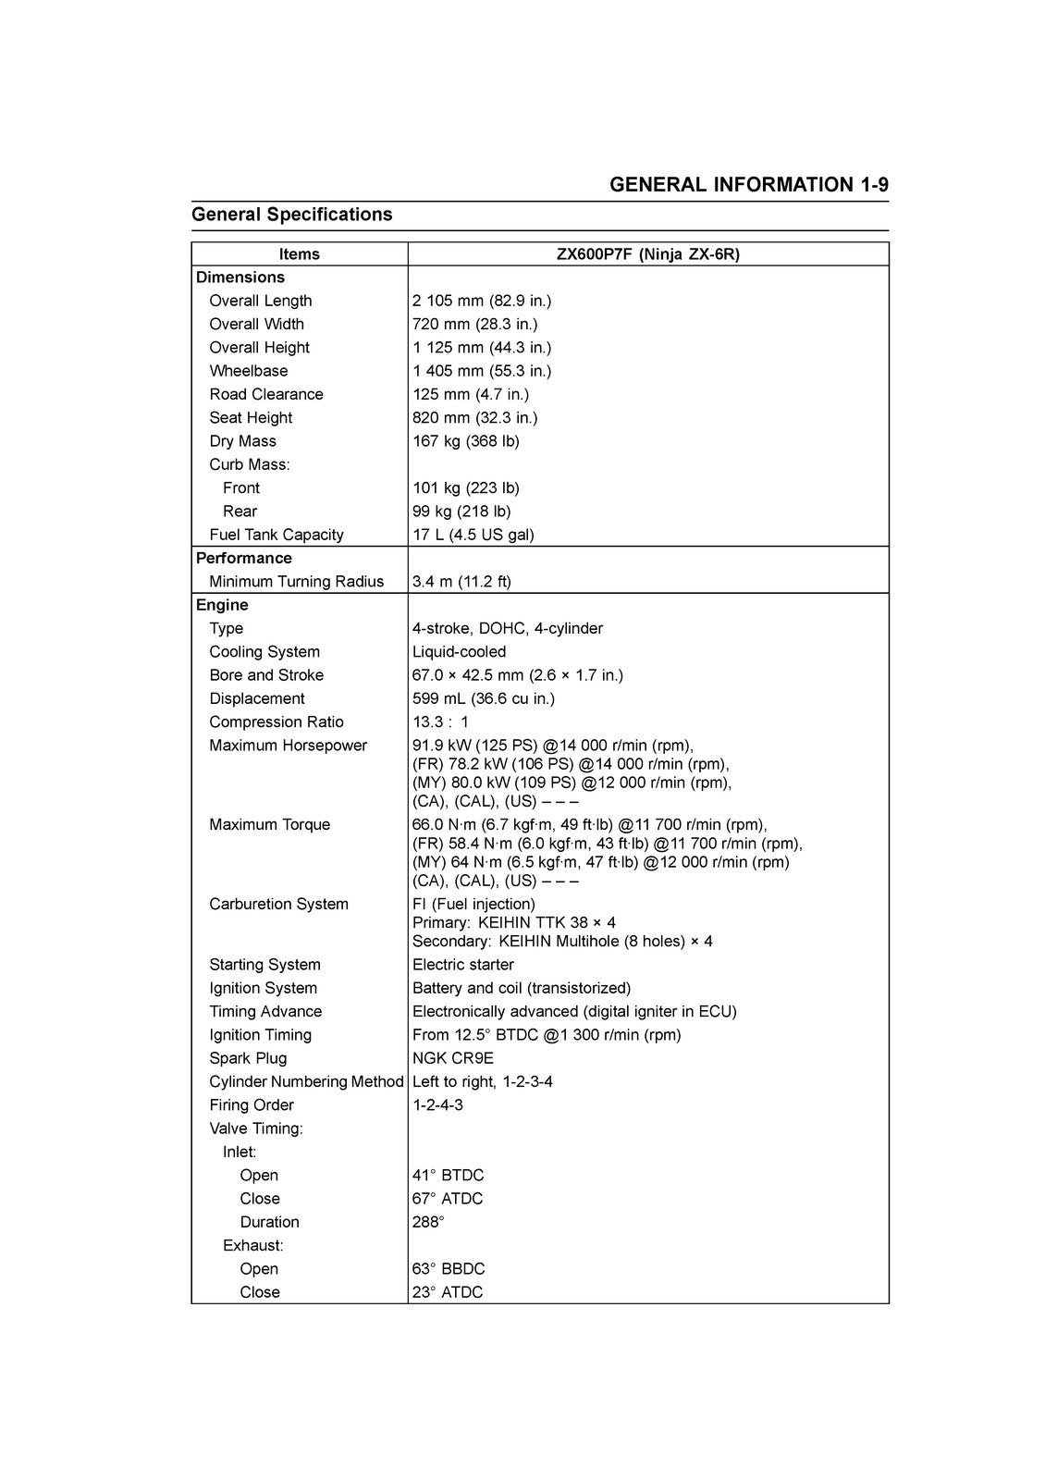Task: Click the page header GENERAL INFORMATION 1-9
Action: tap(748, 184)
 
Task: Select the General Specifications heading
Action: tap(291, 215)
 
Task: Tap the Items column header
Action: tap(299, 254)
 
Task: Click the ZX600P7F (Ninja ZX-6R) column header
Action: tap(647, 254)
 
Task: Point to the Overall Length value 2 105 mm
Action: tap(481, 301)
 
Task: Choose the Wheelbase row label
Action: tap(248, 371)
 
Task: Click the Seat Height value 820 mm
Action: tap(474, 418)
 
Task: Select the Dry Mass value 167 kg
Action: tap(465, 441)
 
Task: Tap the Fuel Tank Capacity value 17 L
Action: tap(473, 535)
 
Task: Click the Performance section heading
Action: tap(243, 559)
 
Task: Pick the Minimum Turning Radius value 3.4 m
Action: tap(461, 582)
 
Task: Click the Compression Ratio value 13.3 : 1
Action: tap(440, 722)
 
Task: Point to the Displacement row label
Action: tap(256, 699)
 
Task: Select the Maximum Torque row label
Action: tap(269, 825)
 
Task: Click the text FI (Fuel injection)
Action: tap(473, 905)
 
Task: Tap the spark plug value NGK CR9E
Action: tap(452, 1058)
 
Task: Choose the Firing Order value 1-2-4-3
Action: tap(437, 1105)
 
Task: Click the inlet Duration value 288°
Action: tap(428, 1222)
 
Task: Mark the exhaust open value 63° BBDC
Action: tap(448, 1269)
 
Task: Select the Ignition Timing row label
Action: tap(260, 1035)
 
